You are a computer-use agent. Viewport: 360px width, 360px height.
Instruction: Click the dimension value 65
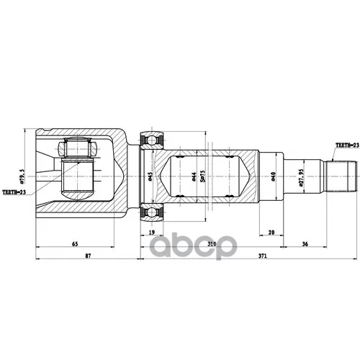coord(74,243)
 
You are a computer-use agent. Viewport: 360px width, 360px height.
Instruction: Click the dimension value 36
coord(305,243)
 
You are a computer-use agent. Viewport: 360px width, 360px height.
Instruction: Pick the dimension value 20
coord(270,232)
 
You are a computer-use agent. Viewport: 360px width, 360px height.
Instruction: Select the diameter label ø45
coord(150,175)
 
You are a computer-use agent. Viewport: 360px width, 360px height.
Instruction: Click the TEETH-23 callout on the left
coord(15,192)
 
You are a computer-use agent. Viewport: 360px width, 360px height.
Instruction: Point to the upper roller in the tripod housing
coord(78,150)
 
